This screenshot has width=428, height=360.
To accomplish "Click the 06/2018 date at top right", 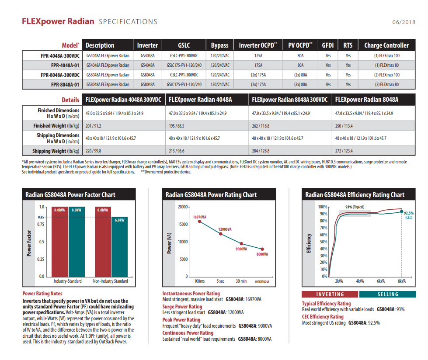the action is pyautogui.click(x=404, y=22).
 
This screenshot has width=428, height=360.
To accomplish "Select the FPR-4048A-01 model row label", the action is pyautogui.click(x=65, y=66).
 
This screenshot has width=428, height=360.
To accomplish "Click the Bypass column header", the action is pyautogui.click(x=219, y=45).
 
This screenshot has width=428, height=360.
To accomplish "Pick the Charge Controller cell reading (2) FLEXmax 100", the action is pyautogui.click(x=386, y=75).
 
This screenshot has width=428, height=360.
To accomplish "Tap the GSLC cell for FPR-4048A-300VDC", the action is pyautogui.click(x=184, y=55).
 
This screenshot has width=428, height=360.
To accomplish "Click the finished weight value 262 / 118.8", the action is pyautogui.click(x=261, y=126).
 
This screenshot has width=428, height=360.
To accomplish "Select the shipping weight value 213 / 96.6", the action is pyautogui.click(x=176, y=151).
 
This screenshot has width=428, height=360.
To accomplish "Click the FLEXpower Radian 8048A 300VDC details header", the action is pyautogui.click(x=289, y=100).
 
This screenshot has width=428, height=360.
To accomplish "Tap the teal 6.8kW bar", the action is pyautogui.click(x=119, y=247).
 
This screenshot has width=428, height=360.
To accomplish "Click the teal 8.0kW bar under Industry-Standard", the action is pyautogui.click(x=77, y=242).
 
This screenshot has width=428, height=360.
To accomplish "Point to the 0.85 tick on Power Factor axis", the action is pyautogui.click(x=41, y=217).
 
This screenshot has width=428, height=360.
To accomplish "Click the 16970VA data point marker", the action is pyautogui.click(x=199, y=222).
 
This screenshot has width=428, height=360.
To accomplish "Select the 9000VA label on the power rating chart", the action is pyautogui.click(x=241, y=249).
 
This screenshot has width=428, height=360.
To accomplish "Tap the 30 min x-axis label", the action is pyautogui.click(x=241, y=281).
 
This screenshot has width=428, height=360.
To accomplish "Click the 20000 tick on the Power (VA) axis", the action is pyautogui.click(x=183, y=207).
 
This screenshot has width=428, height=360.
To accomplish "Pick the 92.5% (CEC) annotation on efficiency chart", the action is pyautogui.click(x=409, y=215).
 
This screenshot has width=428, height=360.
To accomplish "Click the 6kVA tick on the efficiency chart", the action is pyautogui.click(x=381, y=281).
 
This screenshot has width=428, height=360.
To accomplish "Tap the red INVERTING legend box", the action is pyautogui.click(x=330, y=294).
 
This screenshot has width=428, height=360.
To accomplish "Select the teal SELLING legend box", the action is pyautogui.click(x=388, y=294).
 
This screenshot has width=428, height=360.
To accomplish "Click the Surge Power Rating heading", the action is pyautogui.click(x=182, y=307).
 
